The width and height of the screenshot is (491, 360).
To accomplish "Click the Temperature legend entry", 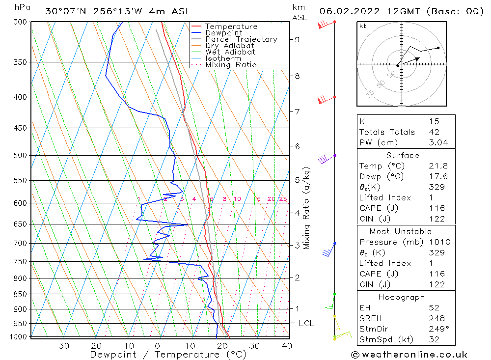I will pyautogui.click(x=231, y=27).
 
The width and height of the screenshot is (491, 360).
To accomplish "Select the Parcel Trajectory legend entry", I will pyautogui.click(x=241, y=39).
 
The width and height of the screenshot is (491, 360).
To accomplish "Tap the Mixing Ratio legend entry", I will pyautogui.click(x=231, y=65).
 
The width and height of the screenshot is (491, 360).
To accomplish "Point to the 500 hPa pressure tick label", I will pyautogui.click(x=20, y=156).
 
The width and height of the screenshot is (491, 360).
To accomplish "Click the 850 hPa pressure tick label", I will pyautogui.click(x=20, y=295).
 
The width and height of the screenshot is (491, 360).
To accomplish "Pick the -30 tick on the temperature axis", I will pyautogui.click(x=60, y=346).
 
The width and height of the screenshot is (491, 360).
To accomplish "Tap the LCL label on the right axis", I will pyautogui.click(x=306, y=323).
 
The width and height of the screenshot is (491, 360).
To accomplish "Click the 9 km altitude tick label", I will pyautogui.click(x=298, y=39).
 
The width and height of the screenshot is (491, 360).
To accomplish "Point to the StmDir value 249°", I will pyautogui.click(x=436, y=329).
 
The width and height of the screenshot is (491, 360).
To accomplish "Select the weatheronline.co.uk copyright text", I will pyautogui.click(x=409, y=355).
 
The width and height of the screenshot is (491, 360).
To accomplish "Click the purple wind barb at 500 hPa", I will pyautogui.click(x=324, y=159).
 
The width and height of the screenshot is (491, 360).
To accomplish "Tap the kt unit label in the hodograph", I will pyautogui.click(x=362, y=26).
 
